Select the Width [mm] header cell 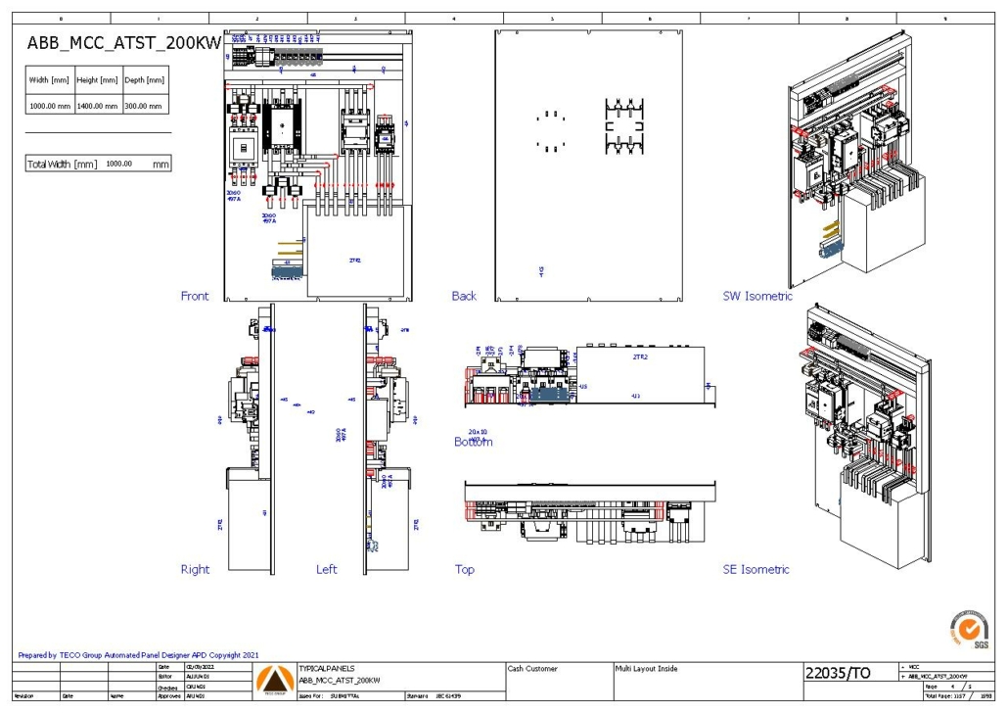click(49, 80)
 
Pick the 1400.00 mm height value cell click(98, 106)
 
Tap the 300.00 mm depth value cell click(145, 106)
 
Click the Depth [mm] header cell click(145, 80)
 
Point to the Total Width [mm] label click(62, 165)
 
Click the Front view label click(195, 296)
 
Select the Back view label click(464, 296)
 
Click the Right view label click(195, 569)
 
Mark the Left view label click(326, 569)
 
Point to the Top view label click(465, 569)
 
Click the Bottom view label click(473, 443)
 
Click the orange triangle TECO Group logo click(273, 679)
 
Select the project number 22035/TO click(837, 673)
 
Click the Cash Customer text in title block click(533, 669)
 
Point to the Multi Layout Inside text click(646, 669)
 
